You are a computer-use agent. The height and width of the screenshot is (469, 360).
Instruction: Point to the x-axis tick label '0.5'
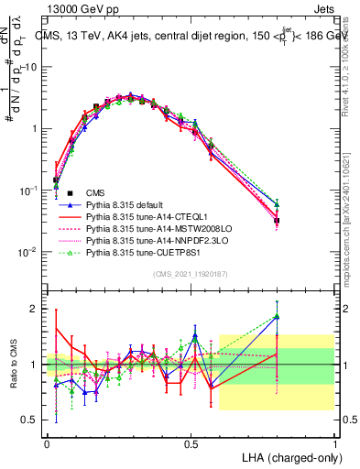pyautogui.click(x=191, y=442)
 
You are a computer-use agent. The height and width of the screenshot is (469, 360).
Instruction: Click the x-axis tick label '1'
pyautogui.click(x=334, y=442)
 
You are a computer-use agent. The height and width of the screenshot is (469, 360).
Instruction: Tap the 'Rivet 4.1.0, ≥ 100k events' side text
pyautogui.click(x=352, y=69)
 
